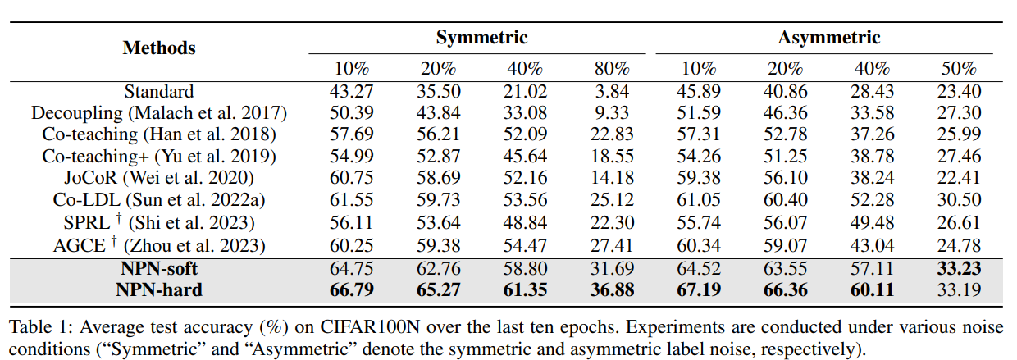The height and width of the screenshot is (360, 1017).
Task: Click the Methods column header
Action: (159, 48)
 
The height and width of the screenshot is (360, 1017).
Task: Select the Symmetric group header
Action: (481, 38)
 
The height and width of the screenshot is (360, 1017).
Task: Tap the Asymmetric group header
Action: (828, 38)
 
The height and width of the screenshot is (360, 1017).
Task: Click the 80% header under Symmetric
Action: (612, 69)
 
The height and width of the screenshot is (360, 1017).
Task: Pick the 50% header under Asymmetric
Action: (958, 69)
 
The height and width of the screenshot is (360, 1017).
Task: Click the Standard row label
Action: (159, 92)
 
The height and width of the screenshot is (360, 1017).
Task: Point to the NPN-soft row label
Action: (159, 268)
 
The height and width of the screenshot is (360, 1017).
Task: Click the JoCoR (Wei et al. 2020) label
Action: (159, 177)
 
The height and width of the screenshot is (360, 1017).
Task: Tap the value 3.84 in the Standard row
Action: (612, 92)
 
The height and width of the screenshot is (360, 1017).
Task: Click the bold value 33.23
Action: (958, 268)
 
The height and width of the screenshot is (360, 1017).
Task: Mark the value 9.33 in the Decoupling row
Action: (612, 113)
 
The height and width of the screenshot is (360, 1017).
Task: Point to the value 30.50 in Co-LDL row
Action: (958, 198)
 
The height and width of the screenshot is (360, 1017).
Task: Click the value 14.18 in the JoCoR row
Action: (612, 177)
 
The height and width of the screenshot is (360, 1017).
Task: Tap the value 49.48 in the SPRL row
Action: (872, 221)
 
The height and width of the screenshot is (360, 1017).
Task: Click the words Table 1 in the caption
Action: (36, 327)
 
